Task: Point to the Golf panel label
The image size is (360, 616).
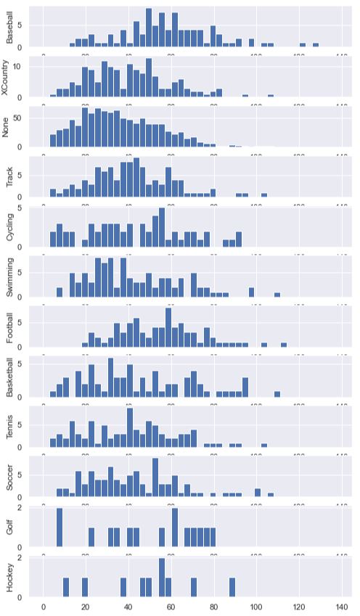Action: point(10,527)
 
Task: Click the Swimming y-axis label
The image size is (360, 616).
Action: point(10,276)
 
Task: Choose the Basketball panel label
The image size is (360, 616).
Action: point(10,377)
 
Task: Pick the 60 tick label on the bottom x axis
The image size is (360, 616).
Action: point(171,606)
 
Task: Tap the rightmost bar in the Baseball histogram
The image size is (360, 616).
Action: point(316,46)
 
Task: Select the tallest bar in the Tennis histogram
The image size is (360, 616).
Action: point(130,428)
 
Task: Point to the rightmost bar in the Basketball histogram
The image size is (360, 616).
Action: point(277,394)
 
